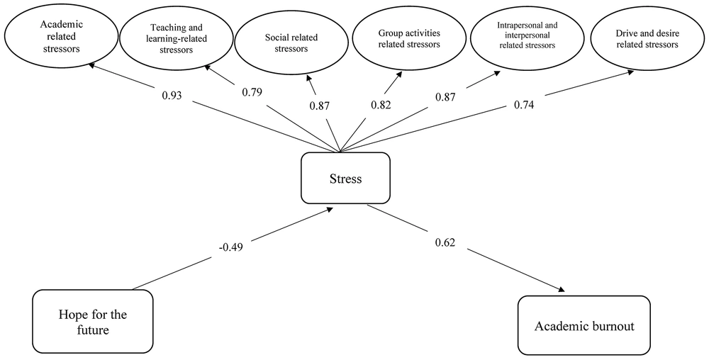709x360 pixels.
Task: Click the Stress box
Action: [x=345, y=178]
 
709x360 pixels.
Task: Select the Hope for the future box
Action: [x=93, y=321]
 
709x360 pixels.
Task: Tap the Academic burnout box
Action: [x=584, y=325]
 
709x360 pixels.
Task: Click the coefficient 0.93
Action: [x=172, y=96]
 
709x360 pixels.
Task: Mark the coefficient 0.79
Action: [x=252, y=92]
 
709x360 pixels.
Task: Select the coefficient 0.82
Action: [x=381, y=106]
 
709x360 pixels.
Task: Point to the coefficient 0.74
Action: [x=524, y=106]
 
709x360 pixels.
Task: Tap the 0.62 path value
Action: [x=445, y=242]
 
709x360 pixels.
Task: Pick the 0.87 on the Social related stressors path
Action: [x=320, y=106]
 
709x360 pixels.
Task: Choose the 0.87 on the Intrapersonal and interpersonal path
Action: [x=445, y=96]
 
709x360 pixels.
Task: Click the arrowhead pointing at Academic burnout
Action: [x=562, y=289]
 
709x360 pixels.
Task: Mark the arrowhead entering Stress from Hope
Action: [x=330, y=210]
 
